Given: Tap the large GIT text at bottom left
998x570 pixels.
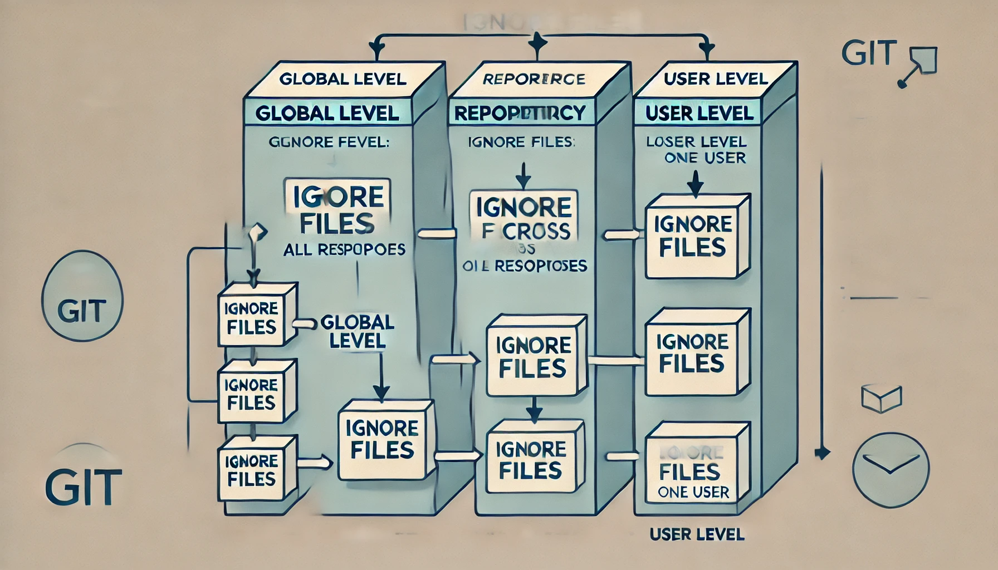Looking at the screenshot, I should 84,487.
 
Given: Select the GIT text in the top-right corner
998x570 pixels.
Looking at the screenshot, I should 869,53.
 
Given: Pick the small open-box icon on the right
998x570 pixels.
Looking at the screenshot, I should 881,397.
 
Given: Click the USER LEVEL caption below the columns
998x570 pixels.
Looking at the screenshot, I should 697,534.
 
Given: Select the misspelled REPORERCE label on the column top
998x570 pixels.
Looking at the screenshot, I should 534,79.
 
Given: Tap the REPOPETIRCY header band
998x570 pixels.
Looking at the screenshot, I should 520,113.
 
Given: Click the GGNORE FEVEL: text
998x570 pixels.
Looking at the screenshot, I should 329,142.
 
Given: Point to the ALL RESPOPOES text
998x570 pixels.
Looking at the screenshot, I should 344,250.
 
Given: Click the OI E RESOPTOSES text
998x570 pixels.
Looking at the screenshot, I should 525,266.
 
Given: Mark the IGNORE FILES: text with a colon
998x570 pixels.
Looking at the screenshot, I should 521,142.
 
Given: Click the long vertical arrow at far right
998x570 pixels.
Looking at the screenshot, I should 821,312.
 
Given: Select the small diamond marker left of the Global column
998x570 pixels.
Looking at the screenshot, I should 258,232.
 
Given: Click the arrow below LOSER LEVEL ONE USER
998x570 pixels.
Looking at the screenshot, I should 695,184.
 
